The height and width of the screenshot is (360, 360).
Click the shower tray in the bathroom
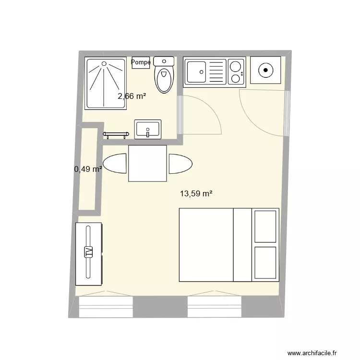tap(106, 83)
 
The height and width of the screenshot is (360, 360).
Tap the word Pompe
tap(141, 62)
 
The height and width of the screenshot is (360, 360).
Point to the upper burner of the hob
tap(235, 66)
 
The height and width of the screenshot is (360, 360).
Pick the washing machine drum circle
tap(265, 71)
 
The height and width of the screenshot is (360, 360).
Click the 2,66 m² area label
tap(132, 96)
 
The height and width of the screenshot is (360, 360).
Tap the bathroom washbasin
tap(147, 130)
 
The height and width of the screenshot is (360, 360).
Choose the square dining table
tap(148, 164)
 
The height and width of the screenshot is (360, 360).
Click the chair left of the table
tap(116, 164)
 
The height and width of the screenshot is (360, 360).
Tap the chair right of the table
tap(180, 164)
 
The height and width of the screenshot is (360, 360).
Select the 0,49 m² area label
tap(88, 169)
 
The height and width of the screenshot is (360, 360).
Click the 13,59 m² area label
tap(196, 194)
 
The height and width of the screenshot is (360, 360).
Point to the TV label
tap(88, 252)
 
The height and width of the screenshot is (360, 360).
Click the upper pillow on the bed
tap(266, 226)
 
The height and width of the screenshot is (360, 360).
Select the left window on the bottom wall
tap(105, 307)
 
